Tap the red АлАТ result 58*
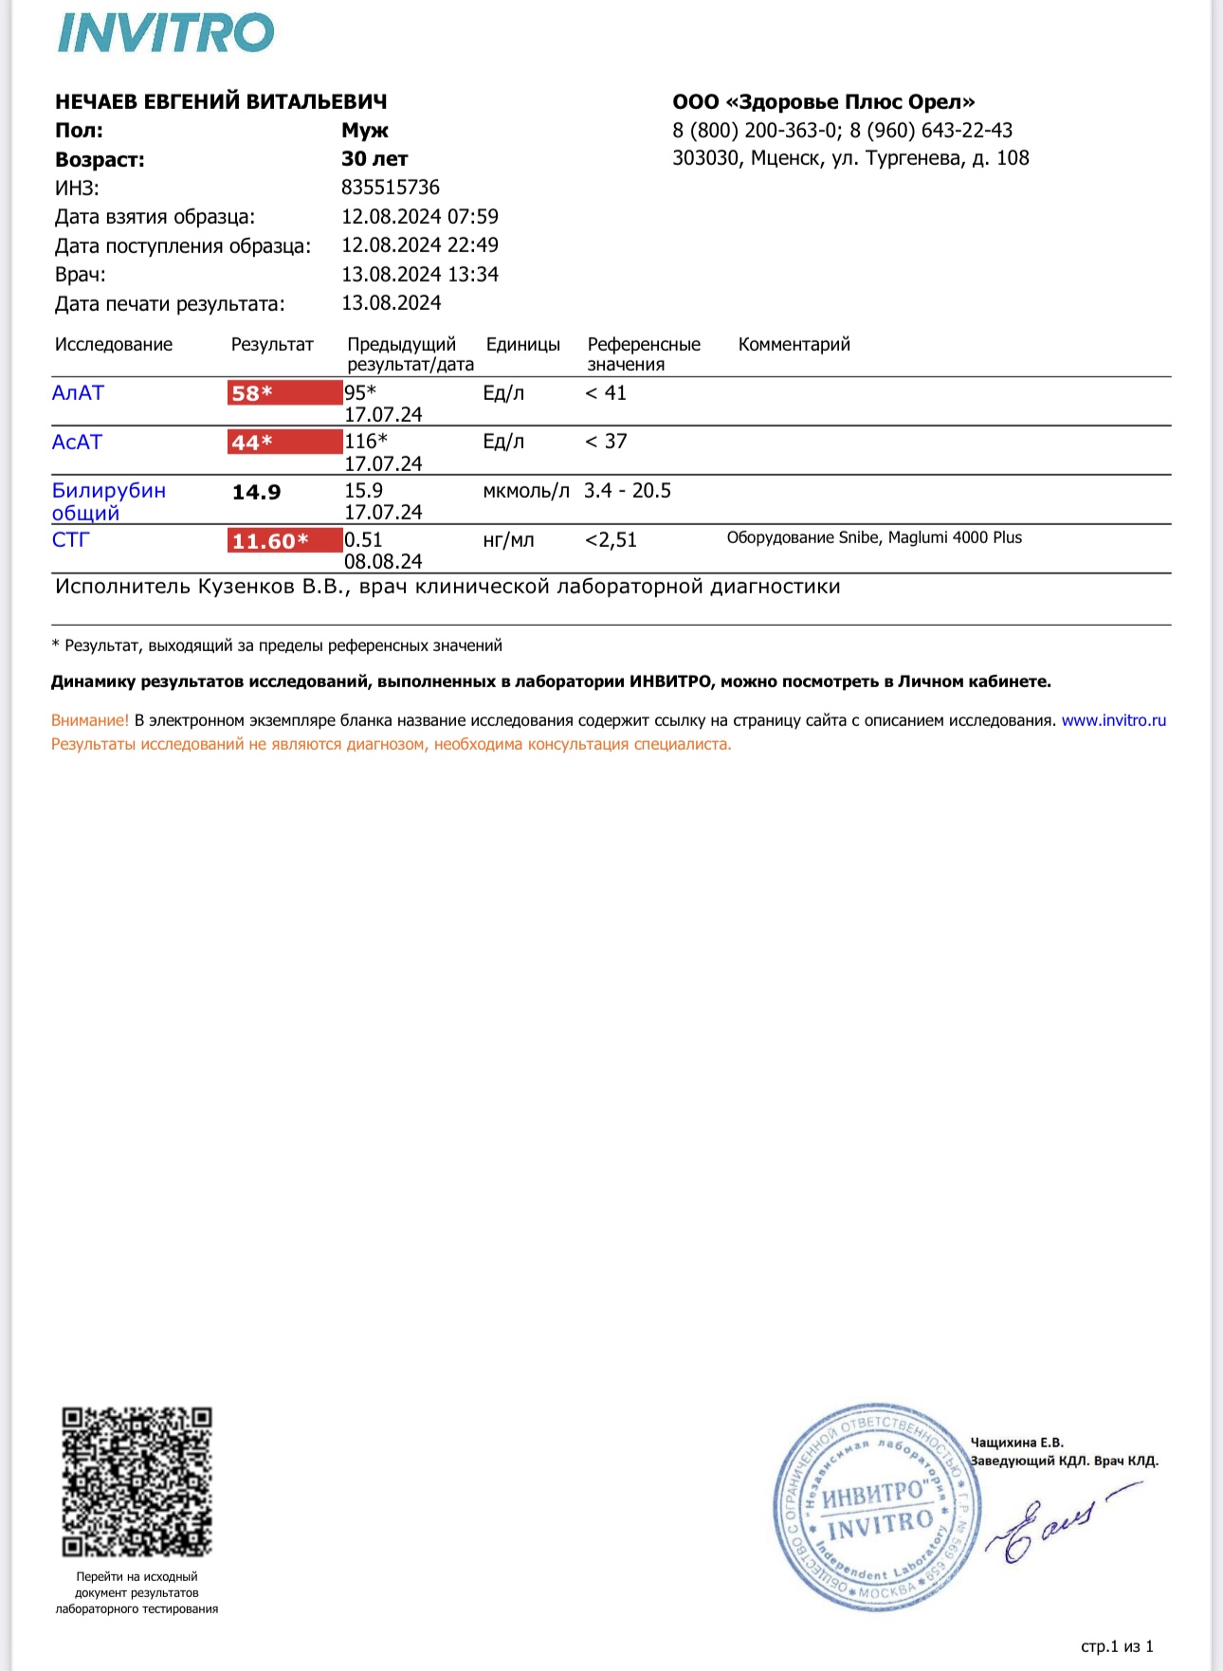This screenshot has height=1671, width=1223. (283, 392)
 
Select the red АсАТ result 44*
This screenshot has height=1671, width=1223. (283, 442)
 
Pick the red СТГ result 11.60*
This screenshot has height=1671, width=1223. (283, 540)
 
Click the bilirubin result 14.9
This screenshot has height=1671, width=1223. (256, 492)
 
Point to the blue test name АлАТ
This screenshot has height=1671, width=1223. (78, 392)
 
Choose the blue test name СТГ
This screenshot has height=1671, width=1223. (70, 539)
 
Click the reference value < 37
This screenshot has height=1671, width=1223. (606, 442)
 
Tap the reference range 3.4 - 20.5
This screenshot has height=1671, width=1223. (627, 491)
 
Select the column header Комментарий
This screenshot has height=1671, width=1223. (794, 344)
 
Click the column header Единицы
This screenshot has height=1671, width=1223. (522, 344)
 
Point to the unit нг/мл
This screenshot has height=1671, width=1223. (508, 540)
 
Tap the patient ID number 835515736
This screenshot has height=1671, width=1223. (391, 188)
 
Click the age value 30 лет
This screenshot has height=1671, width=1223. (374, 159)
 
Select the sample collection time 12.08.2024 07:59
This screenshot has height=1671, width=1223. (420, 217)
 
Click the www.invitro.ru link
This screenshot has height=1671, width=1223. (1113, 720)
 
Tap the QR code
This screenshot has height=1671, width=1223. (137, 1481)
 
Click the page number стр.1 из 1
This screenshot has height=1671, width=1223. (1117, 1646)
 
